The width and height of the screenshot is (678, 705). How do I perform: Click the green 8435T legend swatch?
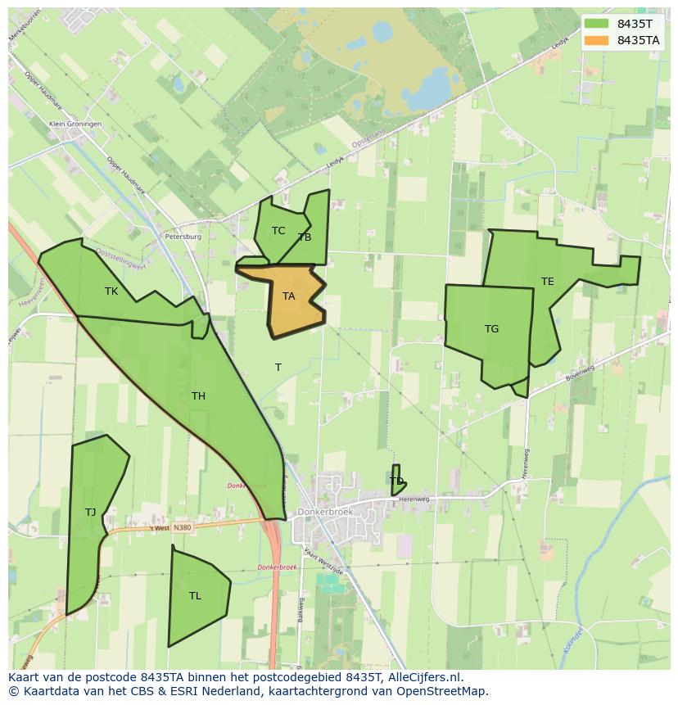click(596, 24)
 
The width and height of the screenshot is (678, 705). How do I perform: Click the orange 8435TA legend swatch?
click(596, 40)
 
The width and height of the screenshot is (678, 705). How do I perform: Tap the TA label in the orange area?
click(288, 296)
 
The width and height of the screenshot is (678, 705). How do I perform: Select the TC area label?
click(278, 231)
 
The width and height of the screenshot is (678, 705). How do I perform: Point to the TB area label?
click(305, 237)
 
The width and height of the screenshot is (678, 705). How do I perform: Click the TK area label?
click(111, 291)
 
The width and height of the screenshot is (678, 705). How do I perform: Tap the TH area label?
click(198, 396)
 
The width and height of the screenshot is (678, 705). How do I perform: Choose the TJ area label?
click(90, 513)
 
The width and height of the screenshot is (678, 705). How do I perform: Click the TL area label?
click(195, 596)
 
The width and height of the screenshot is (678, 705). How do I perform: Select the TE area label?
click(547, 282)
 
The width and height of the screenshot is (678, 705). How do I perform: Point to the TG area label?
click(491, 329)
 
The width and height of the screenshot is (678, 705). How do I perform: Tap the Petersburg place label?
click(183, 237)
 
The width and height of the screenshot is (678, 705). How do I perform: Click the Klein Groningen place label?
click(75, 124)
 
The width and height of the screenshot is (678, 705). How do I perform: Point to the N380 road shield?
click(182, 527)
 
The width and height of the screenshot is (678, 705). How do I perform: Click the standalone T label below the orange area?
click(278, 368)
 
